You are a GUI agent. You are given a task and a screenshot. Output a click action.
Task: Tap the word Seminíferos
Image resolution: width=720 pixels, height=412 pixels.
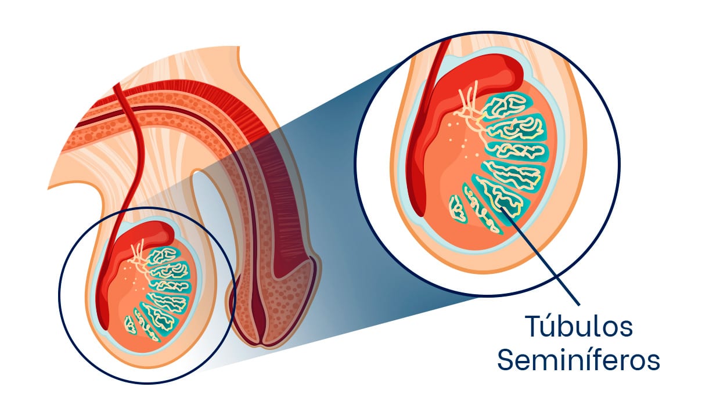(578, 360)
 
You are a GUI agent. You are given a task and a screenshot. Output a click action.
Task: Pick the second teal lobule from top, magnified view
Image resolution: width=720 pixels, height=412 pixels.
(516, 128)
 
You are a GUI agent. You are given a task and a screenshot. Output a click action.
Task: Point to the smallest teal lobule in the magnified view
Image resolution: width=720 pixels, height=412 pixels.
(458, 209)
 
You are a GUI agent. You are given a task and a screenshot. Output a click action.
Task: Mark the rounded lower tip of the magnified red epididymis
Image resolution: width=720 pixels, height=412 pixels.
(419, 209)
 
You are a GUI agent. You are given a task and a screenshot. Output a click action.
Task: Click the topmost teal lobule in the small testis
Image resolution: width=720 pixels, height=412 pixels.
(163, 255)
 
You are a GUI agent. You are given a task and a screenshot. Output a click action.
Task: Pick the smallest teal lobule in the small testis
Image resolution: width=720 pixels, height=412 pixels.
(130, 324)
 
